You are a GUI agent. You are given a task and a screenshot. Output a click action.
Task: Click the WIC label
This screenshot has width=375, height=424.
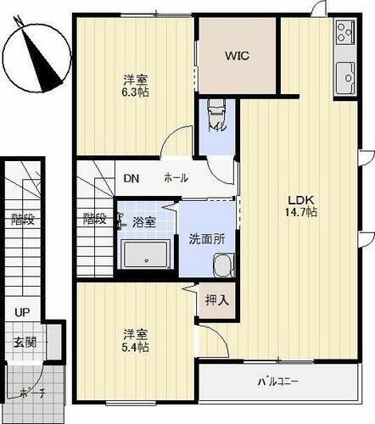pyautogui.click(x=237, y=57)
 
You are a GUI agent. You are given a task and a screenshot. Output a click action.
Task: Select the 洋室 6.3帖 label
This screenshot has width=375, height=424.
pyautogui.click(x=132, y=86)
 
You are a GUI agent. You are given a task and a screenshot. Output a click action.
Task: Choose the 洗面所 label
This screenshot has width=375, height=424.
pyautogui.click(x=206, y=239)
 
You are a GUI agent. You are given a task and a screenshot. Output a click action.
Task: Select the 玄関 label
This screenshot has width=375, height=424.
pyautogui.click(x=25, y=343)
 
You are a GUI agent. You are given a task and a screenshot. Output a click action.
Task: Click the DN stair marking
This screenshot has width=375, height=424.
pyautogui.click(x=131, y=179)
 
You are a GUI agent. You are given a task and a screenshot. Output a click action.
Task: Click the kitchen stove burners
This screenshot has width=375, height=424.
pyautogui.click(x=344, y=34)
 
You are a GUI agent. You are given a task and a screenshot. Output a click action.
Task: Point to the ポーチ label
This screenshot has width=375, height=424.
pyautogui.click(x=31, y=392)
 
